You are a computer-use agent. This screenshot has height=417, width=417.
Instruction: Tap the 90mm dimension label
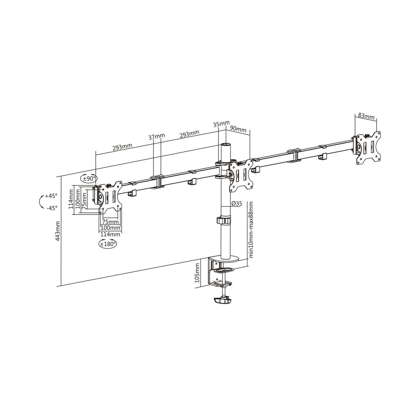click(x=238, y=129)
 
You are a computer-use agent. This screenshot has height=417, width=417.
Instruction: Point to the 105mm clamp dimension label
click(x=197, y=272)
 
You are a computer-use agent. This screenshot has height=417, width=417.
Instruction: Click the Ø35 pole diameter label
click(x=237, y=204)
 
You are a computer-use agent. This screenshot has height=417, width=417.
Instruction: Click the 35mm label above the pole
click(x=221, y=124)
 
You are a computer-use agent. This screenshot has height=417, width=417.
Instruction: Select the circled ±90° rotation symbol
click(x=89, y=178)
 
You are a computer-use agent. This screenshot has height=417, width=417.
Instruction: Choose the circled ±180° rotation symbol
click(x=108, y=244)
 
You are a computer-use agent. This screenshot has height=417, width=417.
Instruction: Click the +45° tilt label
click(x=51, y=196)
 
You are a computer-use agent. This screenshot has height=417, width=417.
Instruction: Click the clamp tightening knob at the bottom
click(x=222, y=301)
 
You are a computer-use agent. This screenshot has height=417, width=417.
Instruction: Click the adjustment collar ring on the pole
click(x=225, y=221)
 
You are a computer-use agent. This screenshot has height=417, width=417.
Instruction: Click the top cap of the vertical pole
click(x=225, y=146)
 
